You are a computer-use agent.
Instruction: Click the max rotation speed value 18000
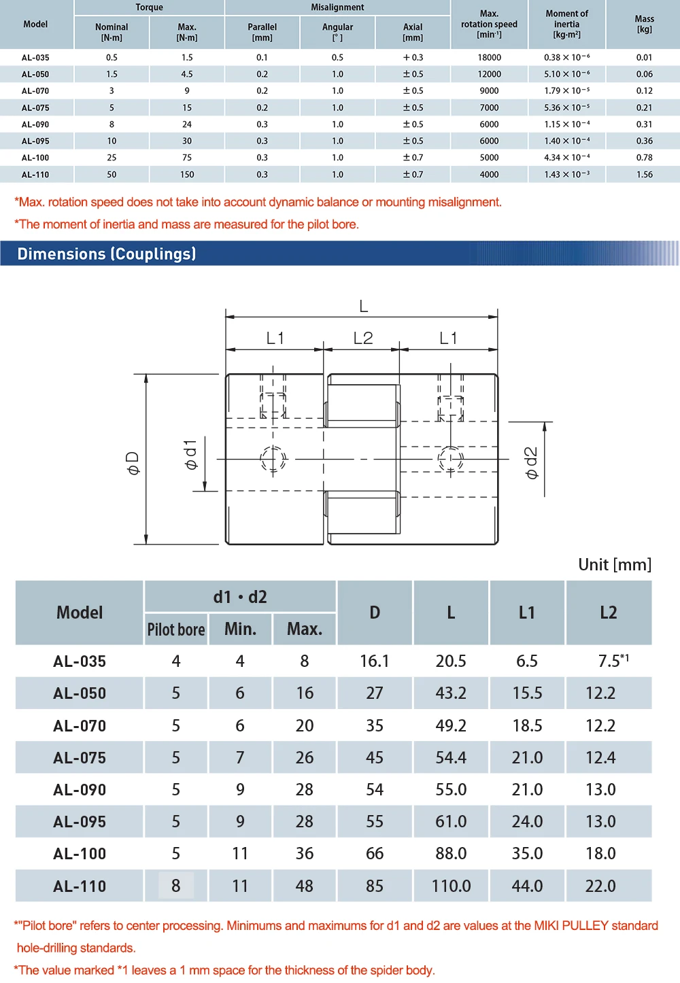(x=489, y=58)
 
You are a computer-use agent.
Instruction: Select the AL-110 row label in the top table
(x=35, y=175)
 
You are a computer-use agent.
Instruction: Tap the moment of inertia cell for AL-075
(x=566, y=107)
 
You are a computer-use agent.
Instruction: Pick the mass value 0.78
(x=644, y=158)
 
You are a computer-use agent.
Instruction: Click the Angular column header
(x=337, y=32)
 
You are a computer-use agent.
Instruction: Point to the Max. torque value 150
(x=187, y=175)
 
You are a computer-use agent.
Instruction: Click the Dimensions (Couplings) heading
(x=107, y=254)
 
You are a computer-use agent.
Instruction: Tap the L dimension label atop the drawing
(x=364, y=307)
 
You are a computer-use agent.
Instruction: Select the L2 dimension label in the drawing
(x=363, y=338)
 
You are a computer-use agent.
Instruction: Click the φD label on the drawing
(x=133, y=462)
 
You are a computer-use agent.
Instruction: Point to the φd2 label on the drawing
(x=532, y=462)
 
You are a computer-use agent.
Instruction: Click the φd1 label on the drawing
(x=190, y=454)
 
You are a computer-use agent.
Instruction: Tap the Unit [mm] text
(x=614, y=565)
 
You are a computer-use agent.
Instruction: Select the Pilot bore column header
(x=176, y=630)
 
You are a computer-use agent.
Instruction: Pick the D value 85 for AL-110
(x=375, y=886)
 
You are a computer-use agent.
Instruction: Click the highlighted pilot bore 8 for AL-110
(x=176, y=886)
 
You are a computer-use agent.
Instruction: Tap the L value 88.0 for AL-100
(x=451, y=854)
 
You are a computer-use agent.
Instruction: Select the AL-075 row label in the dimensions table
(x=80, y=758)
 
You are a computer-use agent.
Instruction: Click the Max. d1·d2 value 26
(x=305, y=758)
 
